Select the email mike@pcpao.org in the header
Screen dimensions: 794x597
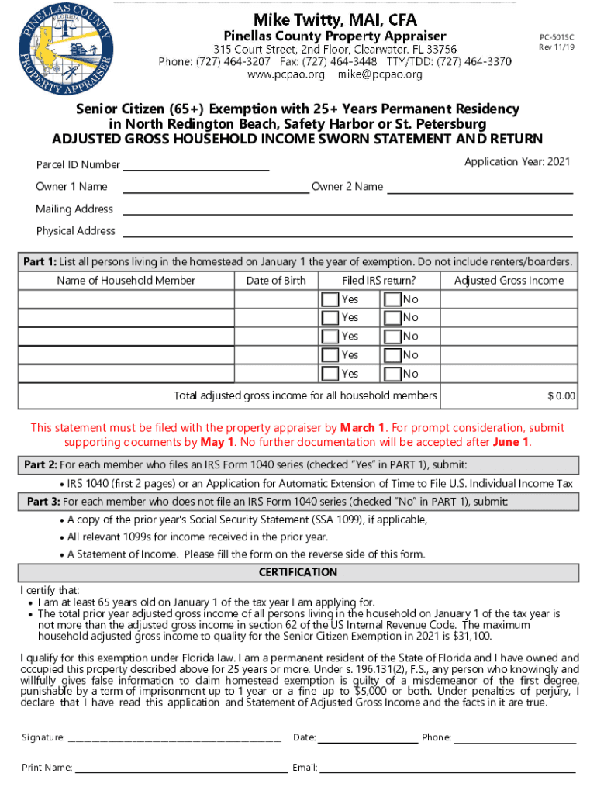tap(380, 75)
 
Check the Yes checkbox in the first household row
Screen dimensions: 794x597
tap(330, 299)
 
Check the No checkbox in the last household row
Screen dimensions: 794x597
tap(392, 374)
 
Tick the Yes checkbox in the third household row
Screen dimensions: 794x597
tap(330, 337)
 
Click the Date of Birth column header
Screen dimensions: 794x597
tap(276, 281)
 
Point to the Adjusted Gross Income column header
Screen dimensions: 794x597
tap(509, 281)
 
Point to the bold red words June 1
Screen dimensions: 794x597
tap(510, 442)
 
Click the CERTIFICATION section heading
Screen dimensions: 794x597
tap(298, 572)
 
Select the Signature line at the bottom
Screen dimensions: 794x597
tap(174, 737)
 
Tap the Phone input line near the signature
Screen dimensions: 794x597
tap(515, 737)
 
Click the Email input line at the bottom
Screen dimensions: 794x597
tap(447, 768)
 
